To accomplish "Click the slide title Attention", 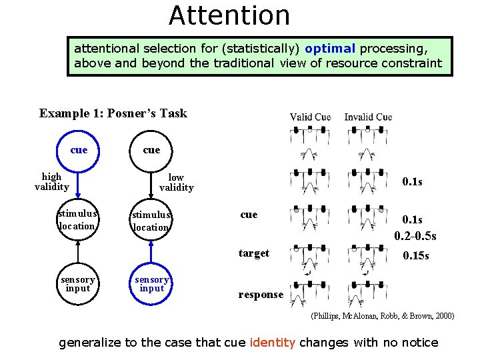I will coord(229,15).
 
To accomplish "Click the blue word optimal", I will coord(330,49).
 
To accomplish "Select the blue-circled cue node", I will coord(79,150).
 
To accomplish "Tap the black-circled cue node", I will coord(151,150).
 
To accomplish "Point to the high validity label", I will coord(51,182).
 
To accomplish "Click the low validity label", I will coord(176,183).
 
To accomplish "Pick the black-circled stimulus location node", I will coord(78,220).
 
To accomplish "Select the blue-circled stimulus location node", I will coord(151,221).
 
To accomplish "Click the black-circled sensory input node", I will coord(78,284).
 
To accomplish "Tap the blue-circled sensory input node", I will coord(151,284).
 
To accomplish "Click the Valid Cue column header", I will coord(310,117).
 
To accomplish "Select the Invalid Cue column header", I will coord(368,117).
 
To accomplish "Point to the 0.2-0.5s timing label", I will coord(415,236).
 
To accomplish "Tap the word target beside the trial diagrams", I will coord(254,253).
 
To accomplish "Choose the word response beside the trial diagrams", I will coord(261,295).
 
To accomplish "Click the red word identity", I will coord(272,343).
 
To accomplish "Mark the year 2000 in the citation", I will coord(443,315).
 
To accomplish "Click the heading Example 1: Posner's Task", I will coord(113,113).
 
